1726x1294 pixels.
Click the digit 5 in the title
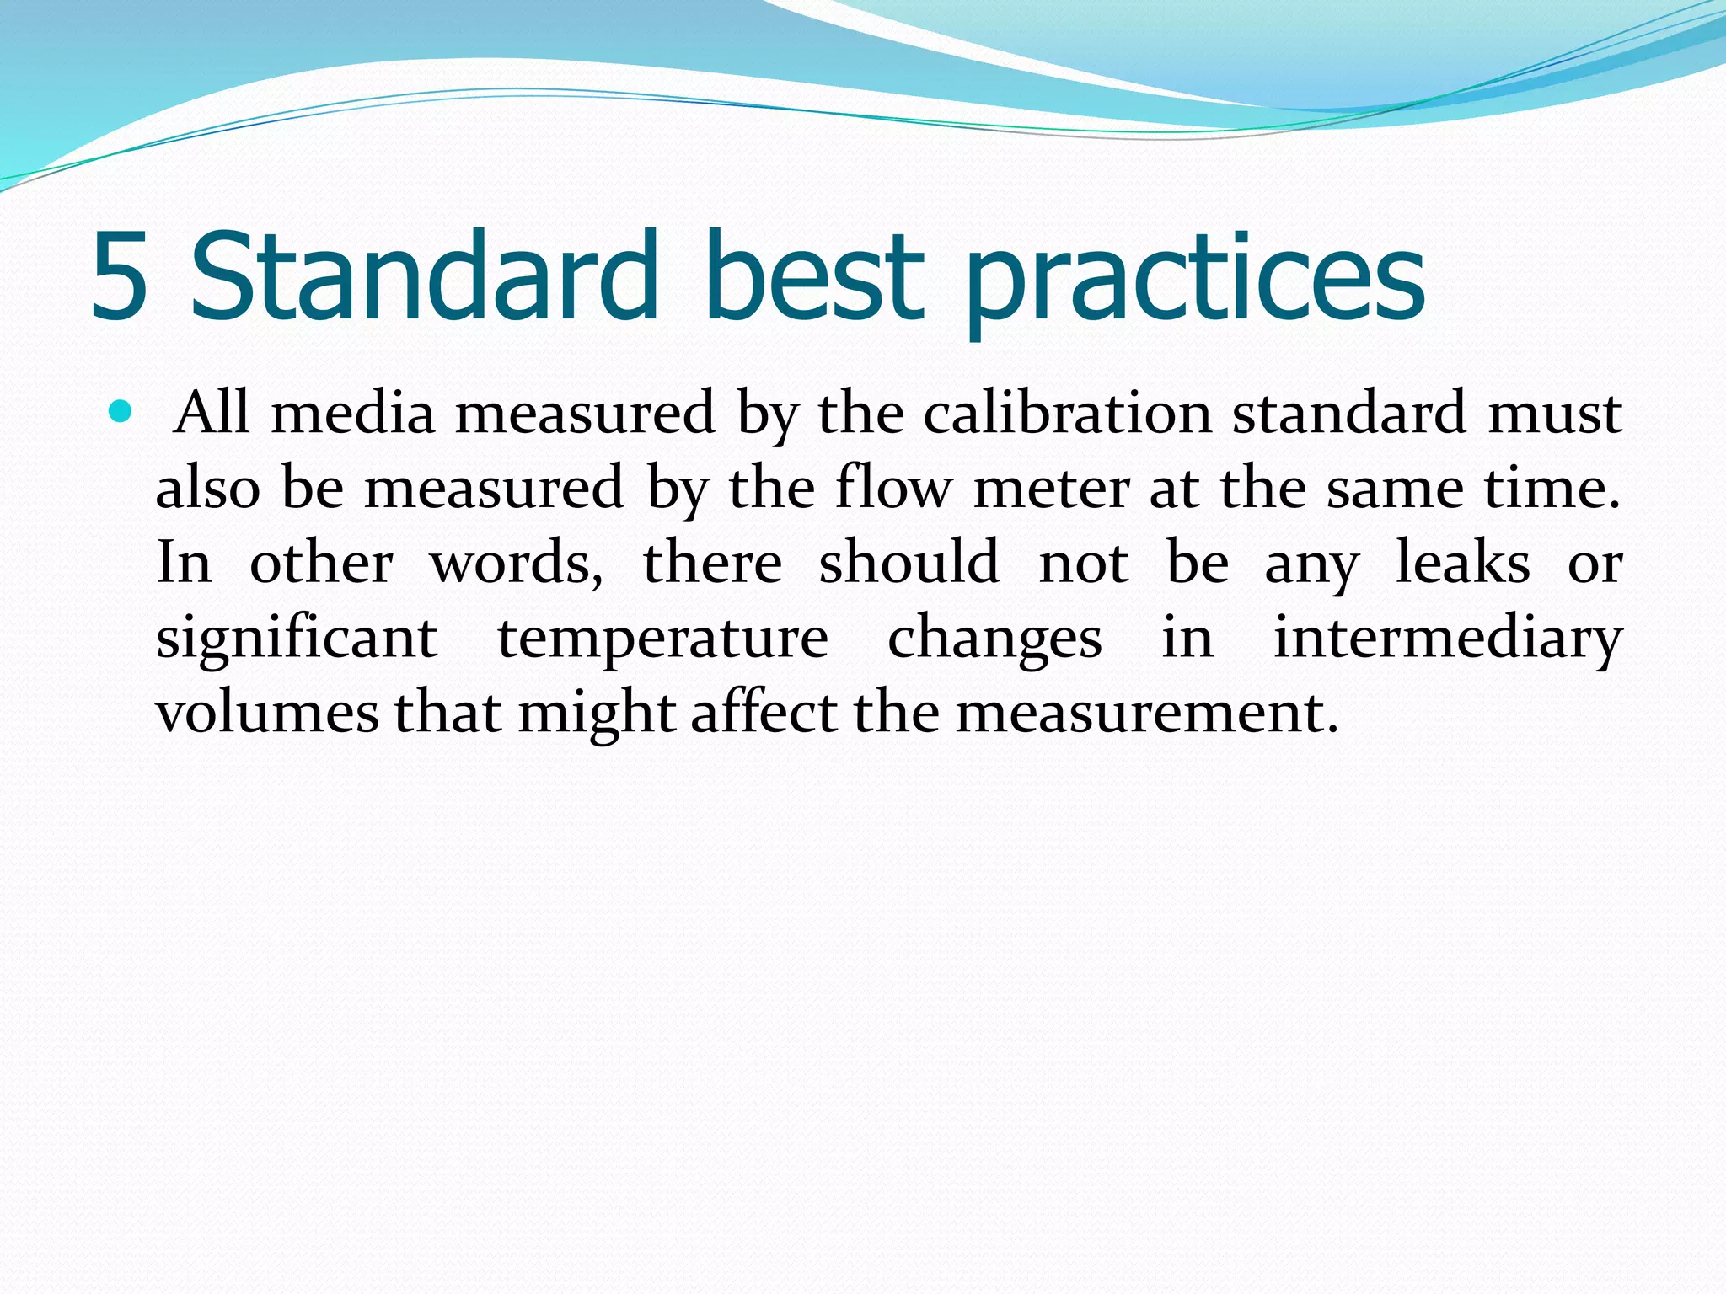(120, 278)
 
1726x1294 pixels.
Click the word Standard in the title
(423, 276)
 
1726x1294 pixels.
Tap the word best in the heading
(813, 276)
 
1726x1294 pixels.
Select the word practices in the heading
(1195, 282)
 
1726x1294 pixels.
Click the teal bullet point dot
(121, 412)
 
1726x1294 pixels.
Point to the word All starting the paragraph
(211, 413)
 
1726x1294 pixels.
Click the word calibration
(1068, 413)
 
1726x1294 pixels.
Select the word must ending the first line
(1555, 413)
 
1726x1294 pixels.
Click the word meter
(1052, 488)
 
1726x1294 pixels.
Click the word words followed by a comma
(517, 563)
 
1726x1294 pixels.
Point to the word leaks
(1463, 562)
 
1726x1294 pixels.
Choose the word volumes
(268, 713)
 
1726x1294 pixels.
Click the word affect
(764, 713)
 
